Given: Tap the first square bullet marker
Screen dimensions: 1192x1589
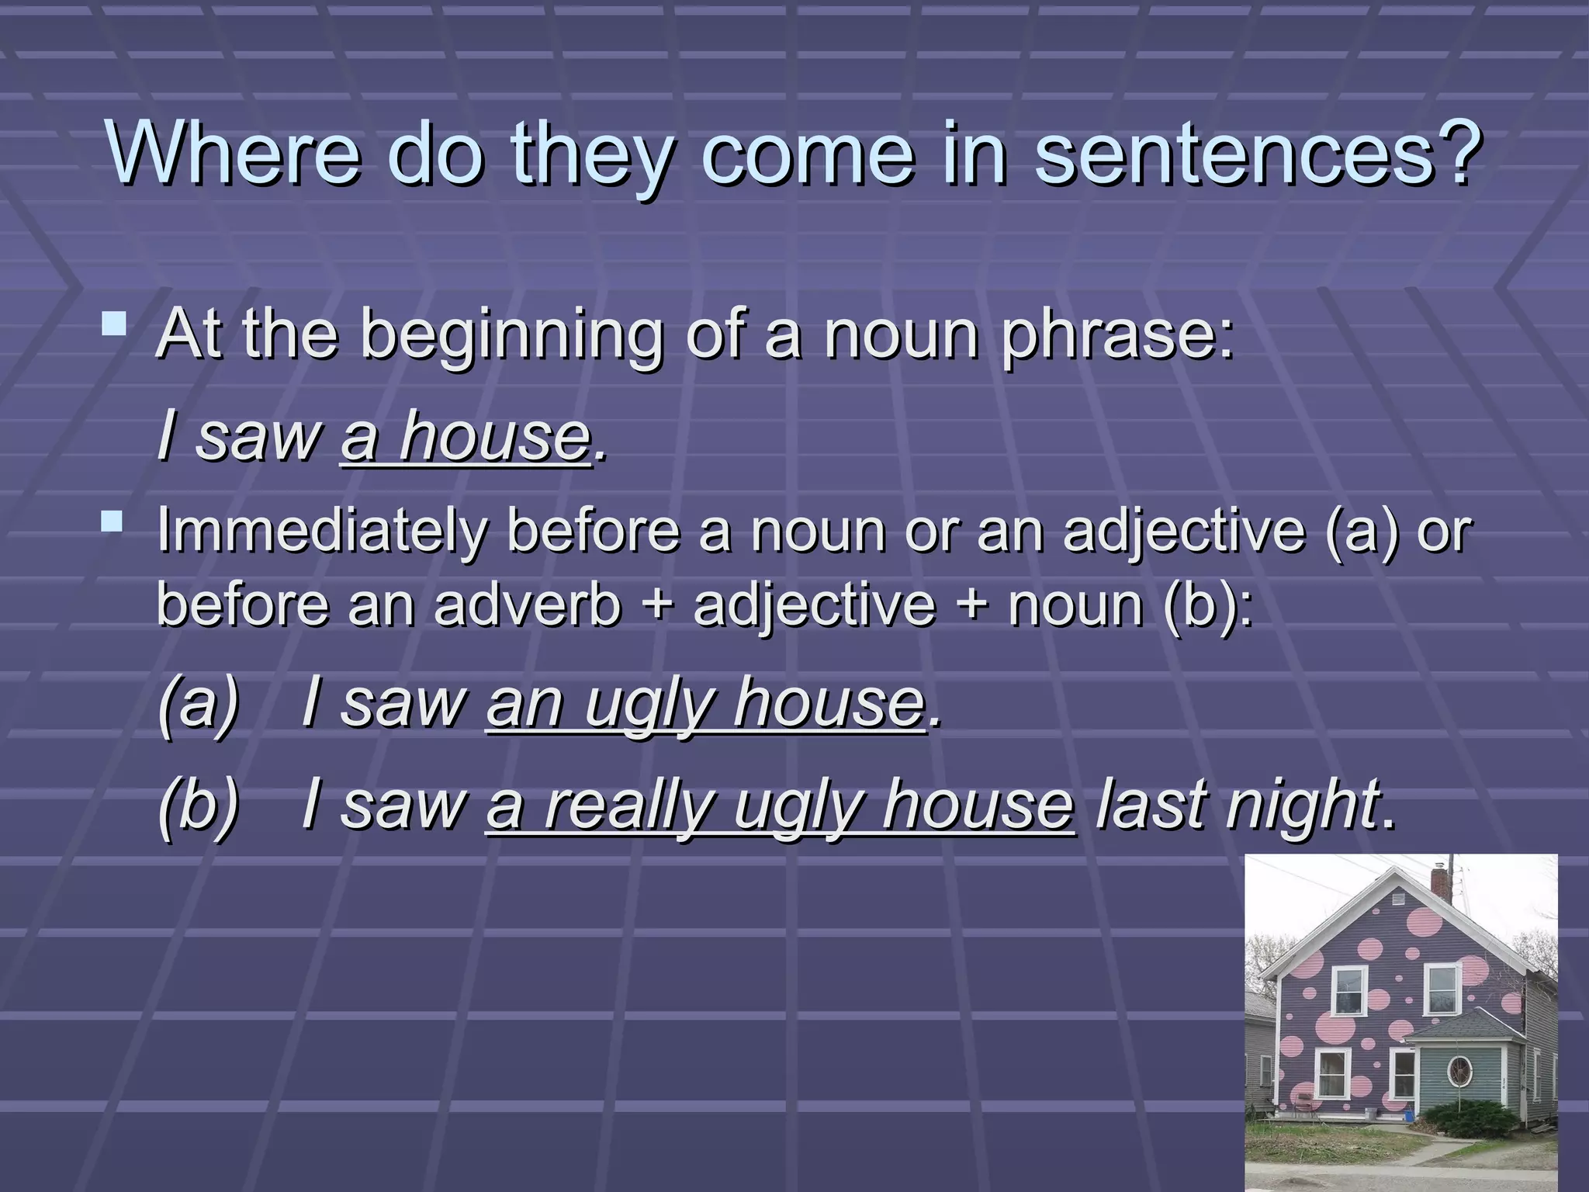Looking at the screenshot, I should click(115, 324).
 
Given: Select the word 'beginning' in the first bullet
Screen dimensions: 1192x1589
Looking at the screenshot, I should click(512, 335).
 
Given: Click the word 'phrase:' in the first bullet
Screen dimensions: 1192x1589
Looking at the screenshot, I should click(1117, 335).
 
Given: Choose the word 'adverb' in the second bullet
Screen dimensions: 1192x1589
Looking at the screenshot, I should click(528, 605).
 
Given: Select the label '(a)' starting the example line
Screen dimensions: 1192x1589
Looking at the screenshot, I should click(199, 702).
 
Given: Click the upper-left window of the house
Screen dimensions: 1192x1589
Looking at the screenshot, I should click(1350, 989).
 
